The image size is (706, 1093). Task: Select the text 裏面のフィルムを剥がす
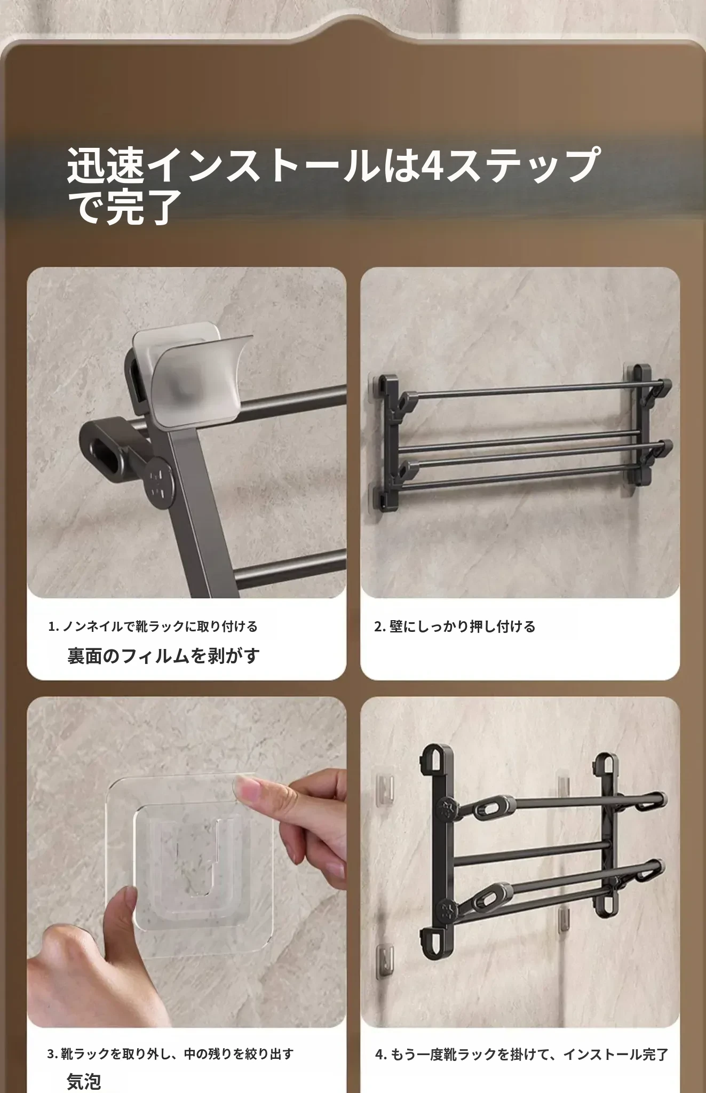[163, 655]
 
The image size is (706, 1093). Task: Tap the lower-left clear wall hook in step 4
[386, 960]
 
